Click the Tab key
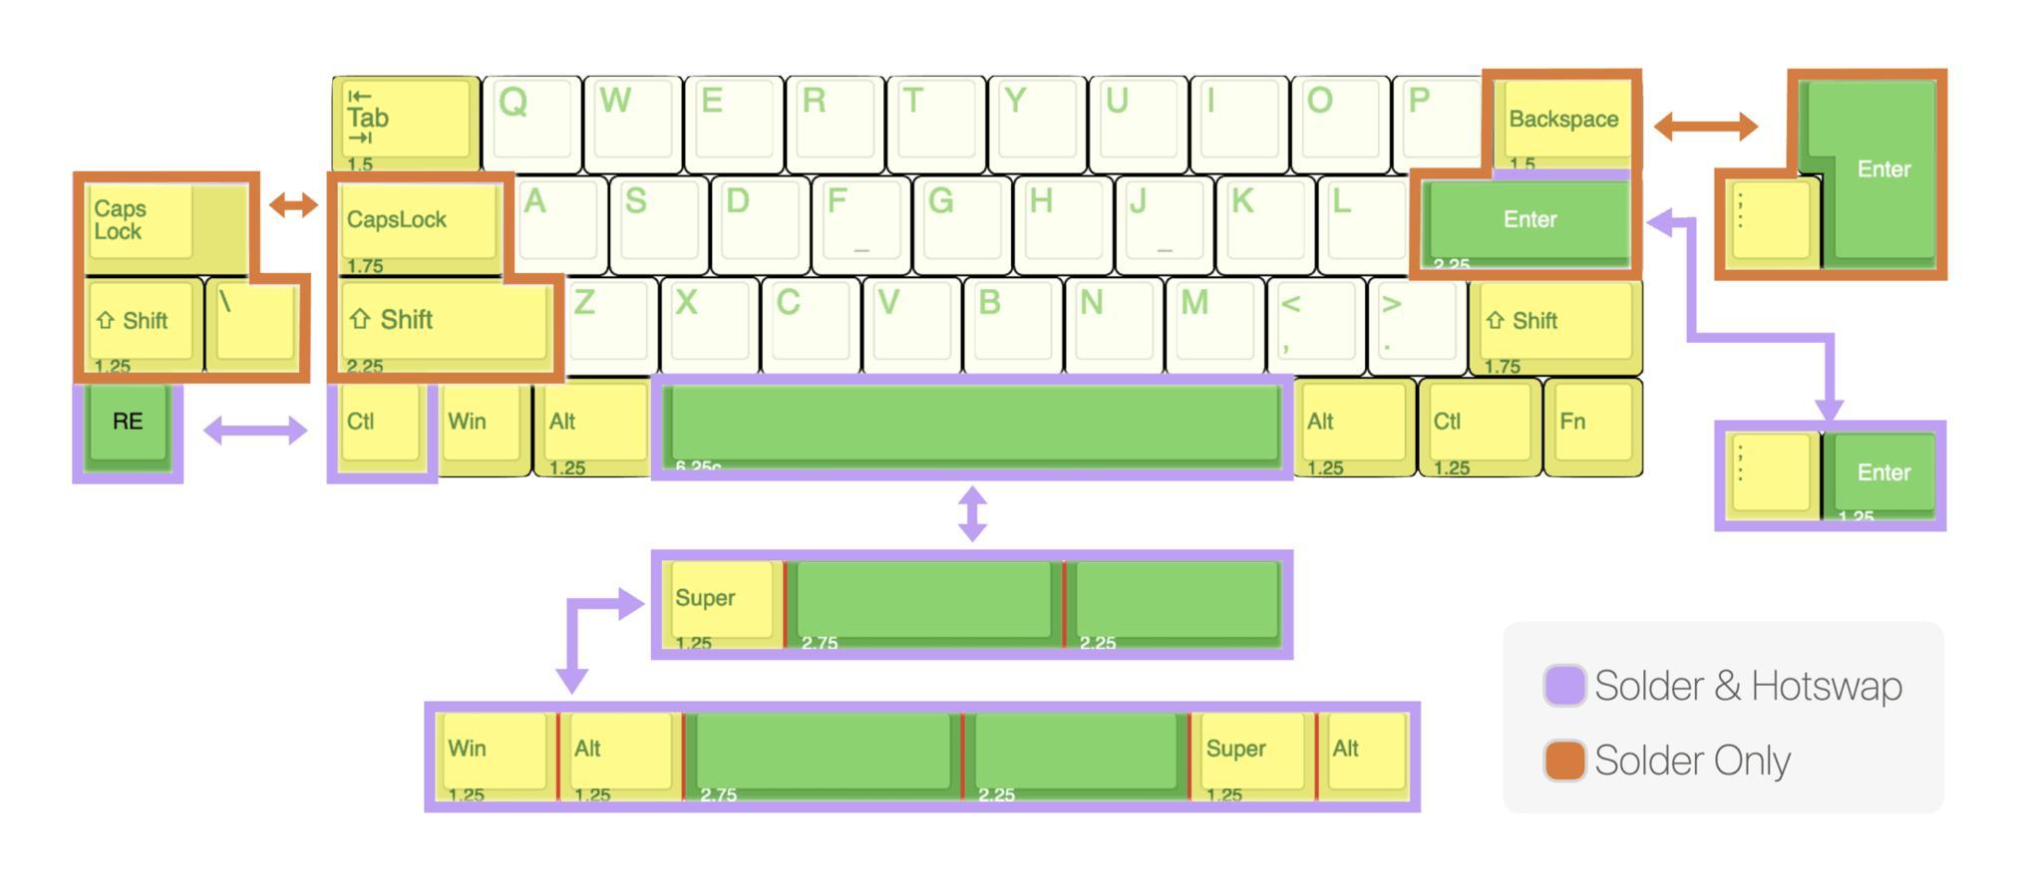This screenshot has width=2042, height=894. click(405, 121)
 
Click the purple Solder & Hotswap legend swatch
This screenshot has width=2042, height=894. click(1564, 686)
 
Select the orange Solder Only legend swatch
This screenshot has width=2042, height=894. click(1564, 760)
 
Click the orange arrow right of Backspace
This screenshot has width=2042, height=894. click(1705, 127)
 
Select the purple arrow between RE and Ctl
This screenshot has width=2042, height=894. click(255, 431)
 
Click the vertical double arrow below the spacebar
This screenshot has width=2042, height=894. click(972, 513)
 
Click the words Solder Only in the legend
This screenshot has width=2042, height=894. click(1692, 760)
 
